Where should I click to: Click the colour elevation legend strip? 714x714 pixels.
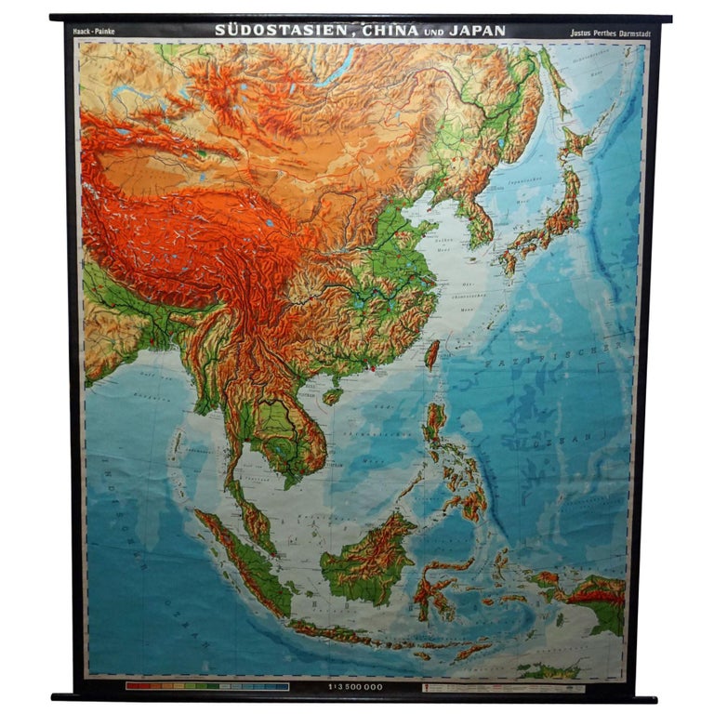coord(206,687)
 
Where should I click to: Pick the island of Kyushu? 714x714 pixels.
coord(509,259)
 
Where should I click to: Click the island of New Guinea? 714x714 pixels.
coord(595,595)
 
